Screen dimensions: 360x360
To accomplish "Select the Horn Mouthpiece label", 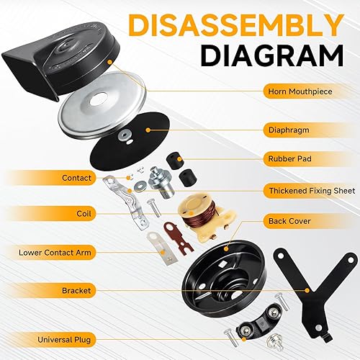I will [x=295, y=91].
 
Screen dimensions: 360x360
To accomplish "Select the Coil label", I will [x=82, y=213].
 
